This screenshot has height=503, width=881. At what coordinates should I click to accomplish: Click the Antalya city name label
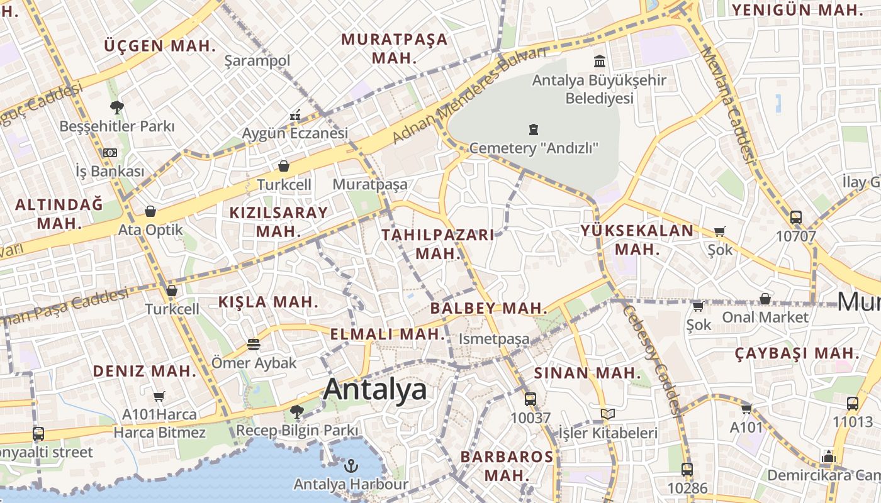375,390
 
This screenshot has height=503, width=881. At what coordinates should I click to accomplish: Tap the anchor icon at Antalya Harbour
351,466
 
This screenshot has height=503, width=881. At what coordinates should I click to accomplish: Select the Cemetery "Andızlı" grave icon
534,130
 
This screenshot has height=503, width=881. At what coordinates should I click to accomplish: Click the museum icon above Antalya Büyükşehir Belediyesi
600,62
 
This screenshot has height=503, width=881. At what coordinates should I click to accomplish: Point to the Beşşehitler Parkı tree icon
116,108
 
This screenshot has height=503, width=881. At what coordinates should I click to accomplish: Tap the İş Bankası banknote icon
110,153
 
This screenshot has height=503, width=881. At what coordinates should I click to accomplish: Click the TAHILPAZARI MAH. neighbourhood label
439,244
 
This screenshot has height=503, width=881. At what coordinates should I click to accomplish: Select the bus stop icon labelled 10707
796,218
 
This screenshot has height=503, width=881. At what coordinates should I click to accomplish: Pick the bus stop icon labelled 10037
530,399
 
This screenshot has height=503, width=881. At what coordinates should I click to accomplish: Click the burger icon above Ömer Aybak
254,345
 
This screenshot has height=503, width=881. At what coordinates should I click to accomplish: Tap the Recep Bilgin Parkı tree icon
297,412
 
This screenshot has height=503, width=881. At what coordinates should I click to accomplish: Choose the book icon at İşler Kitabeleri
607,414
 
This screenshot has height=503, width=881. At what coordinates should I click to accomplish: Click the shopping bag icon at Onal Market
765,299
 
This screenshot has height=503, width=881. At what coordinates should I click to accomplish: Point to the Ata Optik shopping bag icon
150,211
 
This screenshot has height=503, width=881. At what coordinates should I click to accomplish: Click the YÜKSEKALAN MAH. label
637,240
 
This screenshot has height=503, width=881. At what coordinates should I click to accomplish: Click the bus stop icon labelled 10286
687,469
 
